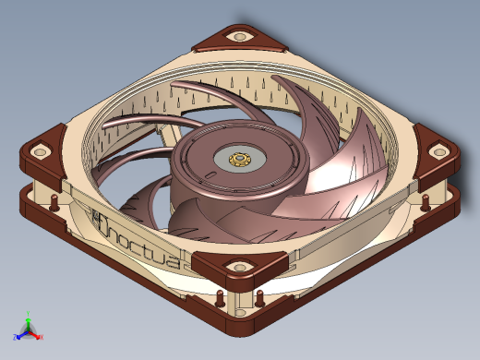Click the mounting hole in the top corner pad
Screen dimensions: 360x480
pos(242,36)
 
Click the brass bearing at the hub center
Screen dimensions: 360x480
pos(239,161)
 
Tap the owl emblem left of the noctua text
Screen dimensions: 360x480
pos(99,219)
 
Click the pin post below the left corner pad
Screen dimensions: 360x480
pos(54,201)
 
